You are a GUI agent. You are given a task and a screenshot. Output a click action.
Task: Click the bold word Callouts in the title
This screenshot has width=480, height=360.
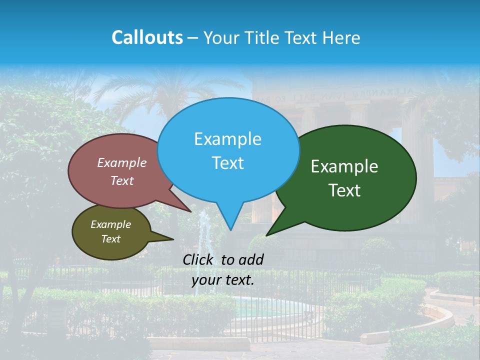(x=147, y=37)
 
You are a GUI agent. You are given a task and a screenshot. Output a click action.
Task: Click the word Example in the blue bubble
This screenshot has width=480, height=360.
(x=227, y=139)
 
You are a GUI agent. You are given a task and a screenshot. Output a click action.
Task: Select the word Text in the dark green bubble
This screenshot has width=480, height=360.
(x=344, y=190)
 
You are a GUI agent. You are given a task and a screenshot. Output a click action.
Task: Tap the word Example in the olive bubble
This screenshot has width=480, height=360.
(x=110, y=224)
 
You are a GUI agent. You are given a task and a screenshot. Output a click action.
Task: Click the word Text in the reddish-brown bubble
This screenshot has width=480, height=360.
(x=122, y=180)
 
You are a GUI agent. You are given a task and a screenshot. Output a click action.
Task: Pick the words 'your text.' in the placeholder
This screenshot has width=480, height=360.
(x=223, y=280)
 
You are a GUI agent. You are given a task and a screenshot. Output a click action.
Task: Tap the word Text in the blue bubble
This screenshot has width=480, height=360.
(x=228, y=163)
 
